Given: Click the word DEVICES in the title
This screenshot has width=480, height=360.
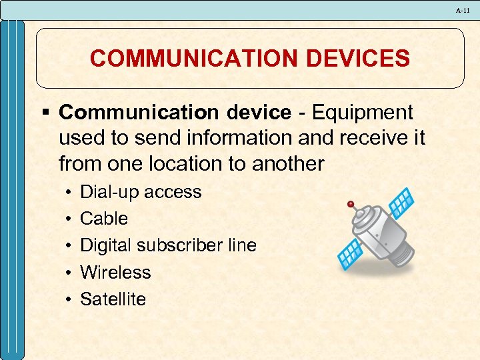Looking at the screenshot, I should (x=355, y=59).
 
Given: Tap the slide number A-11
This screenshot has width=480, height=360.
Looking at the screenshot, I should (x=463, y=11).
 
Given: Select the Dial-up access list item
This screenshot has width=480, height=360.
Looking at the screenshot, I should (x=141, y=192).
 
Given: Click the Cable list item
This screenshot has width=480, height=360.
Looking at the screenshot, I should (x=104, y=219).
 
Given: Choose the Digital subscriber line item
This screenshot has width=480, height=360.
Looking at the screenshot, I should (x=168, y=245).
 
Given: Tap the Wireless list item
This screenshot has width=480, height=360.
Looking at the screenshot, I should (x=115, y=272).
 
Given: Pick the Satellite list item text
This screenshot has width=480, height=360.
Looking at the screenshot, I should (x=113, y=299).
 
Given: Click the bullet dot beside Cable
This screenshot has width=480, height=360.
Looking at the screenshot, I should (x=70, y=219).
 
